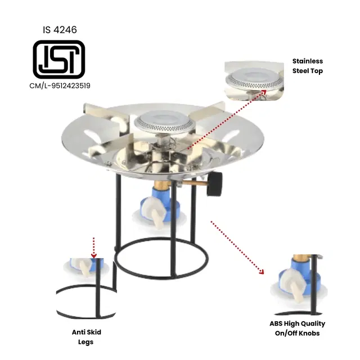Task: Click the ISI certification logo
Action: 59,59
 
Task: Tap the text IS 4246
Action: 59,29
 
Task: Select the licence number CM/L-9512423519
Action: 60,86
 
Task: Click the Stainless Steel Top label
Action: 308,66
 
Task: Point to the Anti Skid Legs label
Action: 86,337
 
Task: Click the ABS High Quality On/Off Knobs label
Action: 298,328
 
